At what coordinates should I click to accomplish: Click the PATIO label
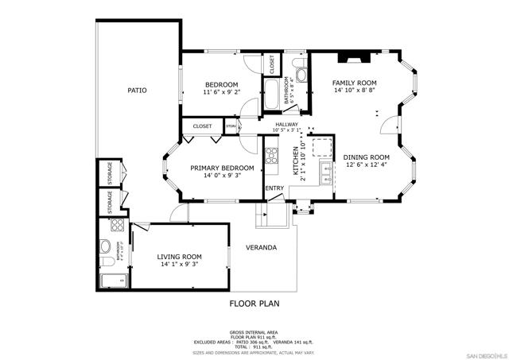pos(137,91)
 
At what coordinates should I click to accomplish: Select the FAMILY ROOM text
pos(354,83)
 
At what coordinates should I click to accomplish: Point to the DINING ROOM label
pos(367,157)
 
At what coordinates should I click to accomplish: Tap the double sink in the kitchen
pos(326,170)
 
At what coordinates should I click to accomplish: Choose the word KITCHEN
pos(295,160)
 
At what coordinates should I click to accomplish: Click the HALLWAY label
pos(286,125)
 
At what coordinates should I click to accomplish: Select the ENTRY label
pos(274,188)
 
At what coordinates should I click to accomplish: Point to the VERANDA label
pos(261,247)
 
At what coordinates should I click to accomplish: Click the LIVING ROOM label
pos(179,257)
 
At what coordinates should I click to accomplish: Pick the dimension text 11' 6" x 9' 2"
pos(221,92)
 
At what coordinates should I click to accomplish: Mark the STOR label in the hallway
pos(231,126)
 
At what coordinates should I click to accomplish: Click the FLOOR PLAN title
pos(254,304)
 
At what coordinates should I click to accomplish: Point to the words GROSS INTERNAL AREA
pos(254,331)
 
